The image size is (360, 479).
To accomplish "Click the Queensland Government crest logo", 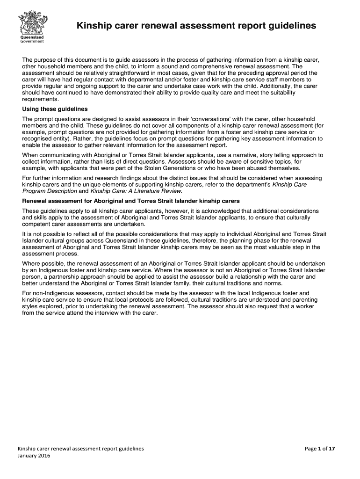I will (x=31, y=21).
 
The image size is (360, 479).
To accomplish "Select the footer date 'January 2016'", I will (x=34, y=456).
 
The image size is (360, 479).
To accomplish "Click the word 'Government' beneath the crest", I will (x=31, y=41).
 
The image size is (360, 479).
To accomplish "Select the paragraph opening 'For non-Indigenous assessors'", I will (x=166, y=303).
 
